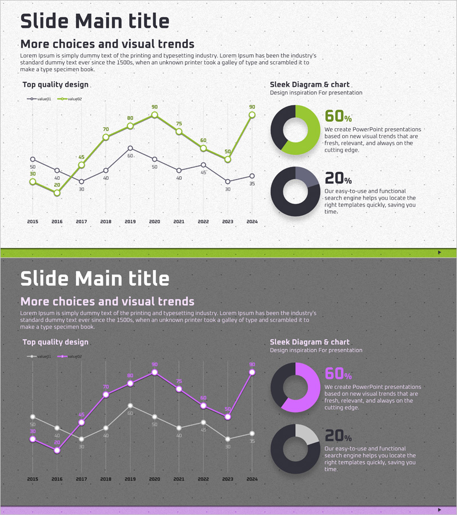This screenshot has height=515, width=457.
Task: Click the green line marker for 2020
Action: click(154, 115)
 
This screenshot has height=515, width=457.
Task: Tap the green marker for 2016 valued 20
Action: click(57, 193)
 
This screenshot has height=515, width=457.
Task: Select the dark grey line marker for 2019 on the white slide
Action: click(130, 148)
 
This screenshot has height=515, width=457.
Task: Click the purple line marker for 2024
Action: click(252, 373)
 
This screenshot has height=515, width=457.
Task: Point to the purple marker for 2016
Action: click(57, 450)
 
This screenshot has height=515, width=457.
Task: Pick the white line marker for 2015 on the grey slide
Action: click(33, 417)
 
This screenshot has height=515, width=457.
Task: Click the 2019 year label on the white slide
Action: click(130, 221)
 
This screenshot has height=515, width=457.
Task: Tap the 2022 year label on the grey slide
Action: click(203, 479)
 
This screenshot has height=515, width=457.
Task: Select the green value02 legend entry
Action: click(71, 99)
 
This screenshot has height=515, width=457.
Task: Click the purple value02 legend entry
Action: click(71, 356)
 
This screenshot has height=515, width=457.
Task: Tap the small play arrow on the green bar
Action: click(439, 252)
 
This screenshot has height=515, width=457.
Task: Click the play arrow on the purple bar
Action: click(439, 509)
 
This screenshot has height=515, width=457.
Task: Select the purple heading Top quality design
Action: click(55, 342)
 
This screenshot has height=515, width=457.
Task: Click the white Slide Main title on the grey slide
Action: click(95, 279)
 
